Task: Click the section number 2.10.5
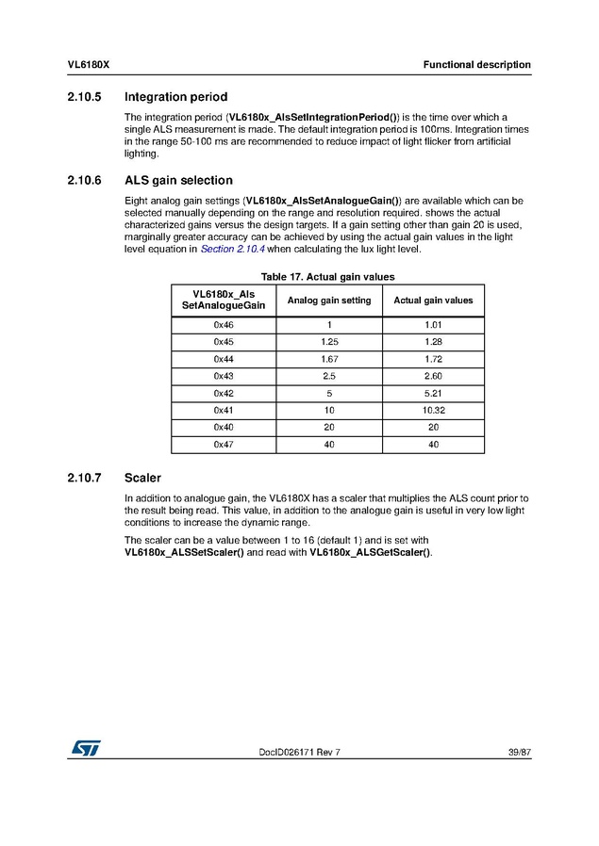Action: pyautogui.click(x=86, y=96)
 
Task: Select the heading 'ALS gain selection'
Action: pyautogui.click(x=178, y=180)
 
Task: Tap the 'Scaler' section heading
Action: pyautogui.click(x=142, y=478)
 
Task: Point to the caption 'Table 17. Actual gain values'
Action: pyautogui.click(x=327, y=277)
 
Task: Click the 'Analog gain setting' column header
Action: pyautogui.click(x=329, y=301)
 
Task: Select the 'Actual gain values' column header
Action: pyautogui.click(x=433, y=301)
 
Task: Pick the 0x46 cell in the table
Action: pyautogui.click(x=224, y=325)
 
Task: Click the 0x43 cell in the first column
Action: pyautogui.click(x=224, y=376)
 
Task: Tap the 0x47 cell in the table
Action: pyautogui.click(x=224, y=444)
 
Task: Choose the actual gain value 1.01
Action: pyautogui.click(x=433, y=325)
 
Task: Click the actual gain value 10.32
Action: pyautogui.click(x=433, y=410)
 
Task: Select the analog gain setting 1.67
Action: pyautogui.click(x=329, y=359)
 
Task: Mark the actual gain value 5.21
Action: pyautogui.click(x=433, y=393)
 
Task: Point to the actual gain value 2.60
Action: pyautogui.click(x=433, y=376)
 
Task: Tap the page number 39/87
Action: pyautogui.click(x=518, y=751)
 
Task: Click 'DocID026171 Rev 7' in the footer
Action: pyautogui.click(x=299, y=751)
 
